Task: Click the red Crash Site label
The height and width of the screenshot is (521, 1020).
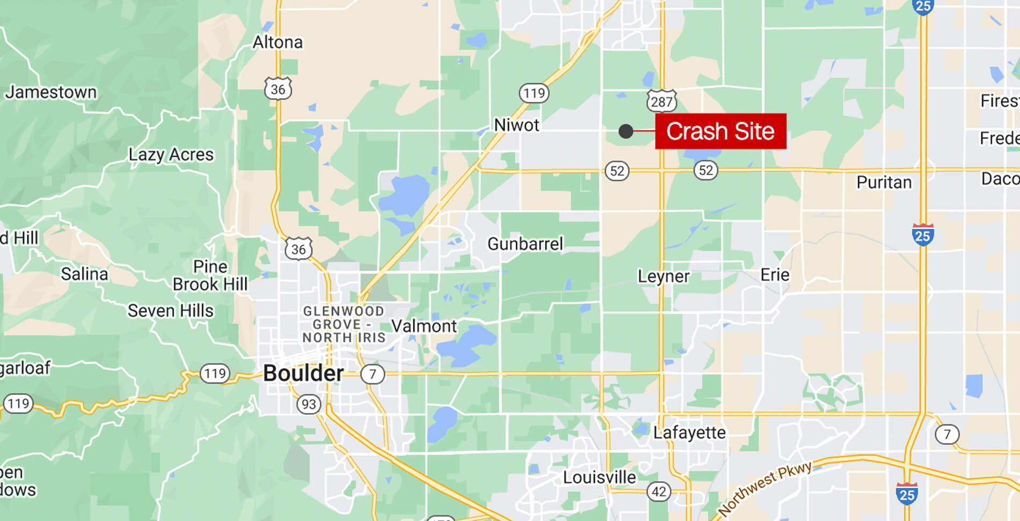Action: click(720, 131)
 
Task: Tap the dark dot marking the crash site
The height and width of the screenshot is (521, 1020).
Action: click(625, 131)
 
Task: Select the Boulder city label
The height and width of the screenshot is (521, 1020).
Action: click(303, 373)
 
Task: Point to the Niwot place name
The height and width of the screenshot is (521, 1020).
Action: click(516, 126)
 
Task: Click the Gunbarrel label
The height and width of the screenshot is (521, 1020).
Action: click(525, 244)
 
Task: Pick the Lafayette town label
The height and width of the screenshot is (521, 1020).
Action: click(689, 432)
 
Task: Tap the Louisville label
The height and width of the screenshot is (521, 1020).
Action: click(599, 477)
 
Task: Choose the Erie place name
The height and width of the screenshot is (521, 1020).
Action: click(775, 275)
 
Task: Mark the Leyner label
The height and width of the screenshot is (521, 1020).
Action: click(664, 276)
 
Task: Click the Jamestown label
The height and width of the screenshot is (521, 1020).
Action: click(51, 92)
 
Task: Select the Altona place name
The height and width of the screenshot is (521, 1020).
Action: click(278, 42)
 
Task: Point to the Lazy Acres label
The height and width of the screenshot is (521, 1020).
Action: click(171, 155)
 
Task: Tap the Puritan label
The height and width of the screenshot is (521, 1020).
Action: click(884, 182)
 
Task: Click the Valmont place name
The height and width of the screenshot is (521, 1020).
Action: click(424, 326)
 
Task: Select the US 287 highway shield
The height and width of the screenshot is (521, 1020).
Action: click(661, 101)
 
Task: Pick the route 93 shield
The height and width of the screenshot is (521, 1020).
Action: click(309, 404)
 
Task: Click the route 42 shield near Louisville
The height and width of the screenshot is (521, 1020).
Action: click(659, 491)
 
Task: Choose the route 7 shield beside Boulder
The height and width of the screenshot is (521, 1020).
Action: click(373, 373)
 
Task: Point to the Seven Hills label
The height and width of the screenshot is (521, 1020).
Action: click(170, 311)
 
